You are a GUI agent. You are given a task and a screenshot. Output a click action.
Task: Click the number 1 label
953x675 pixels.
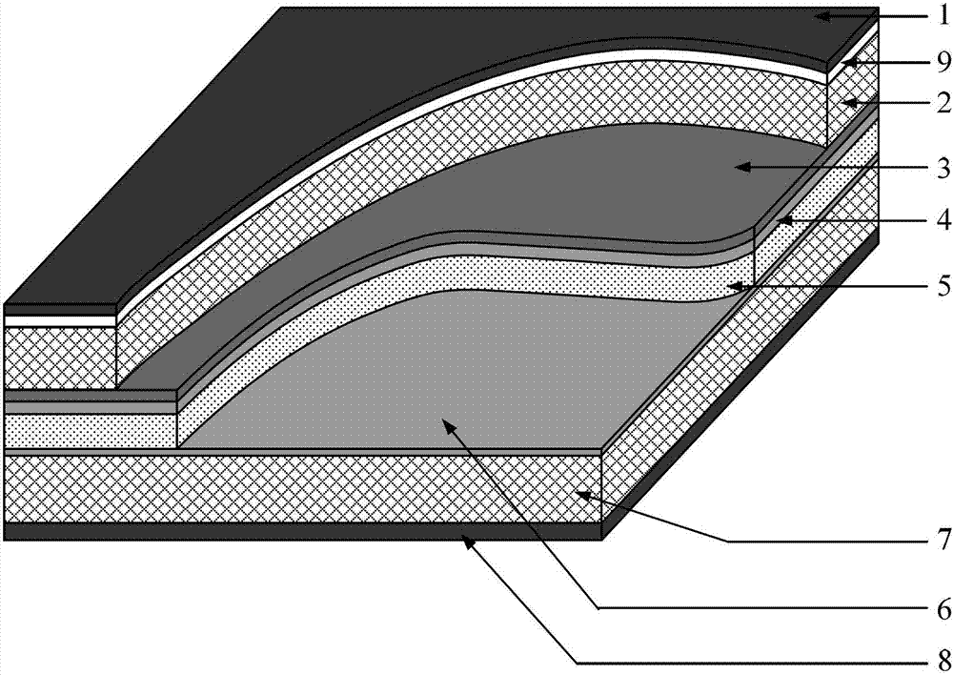[x=943, y=16]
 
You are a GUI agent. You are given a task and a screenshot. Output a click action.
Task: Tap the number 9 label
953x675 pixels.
[x=943, y=61]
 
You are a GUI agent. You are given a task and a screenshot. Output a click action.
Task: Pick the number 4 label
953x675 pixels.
[x=943, y=220]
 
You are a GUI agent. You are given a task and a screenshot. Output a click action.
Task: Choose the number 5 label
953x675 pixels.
[x=943, y=286]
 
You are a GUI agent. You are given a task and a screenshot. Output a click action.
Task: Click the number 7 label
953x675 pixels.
[x=943, y=540]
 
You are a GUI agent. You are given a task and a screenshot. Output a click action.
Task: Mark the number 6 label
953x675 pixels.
[x=943, y=608]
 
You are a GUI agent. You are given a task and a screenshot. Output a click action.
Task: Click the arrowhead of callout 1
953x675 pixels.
[x=823, y=16]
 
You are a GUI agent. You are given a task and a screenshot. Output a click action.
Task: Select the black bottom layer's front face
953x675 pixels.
[x=303, y=531]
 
